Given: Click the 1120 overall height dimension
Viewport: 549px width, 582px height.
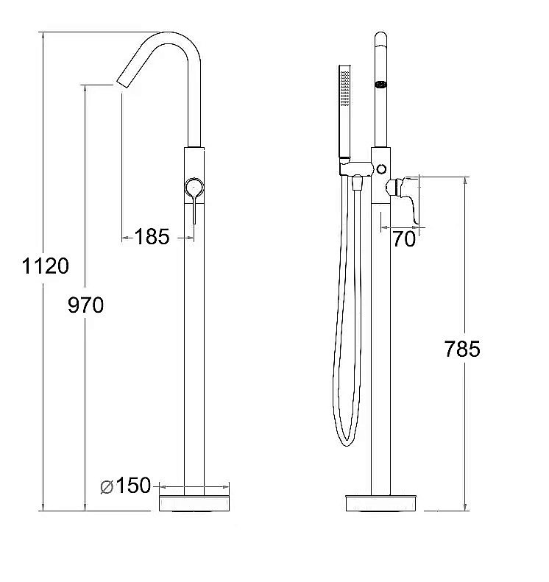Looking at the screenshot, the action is click(x=46, y=266).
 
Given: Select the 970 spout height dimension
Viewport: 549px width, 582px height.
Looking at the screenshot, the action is click(x=86, y=305).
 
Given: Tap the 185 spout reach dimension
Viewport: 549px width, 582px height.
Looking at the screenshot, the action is click(x=152, y=236).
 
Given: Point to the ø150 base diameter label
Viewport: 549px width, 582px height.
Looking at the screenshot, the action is click(x=126, y=486).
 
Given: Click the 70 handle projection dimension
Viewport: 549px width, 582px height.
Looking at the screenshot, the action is click(x=404, y=238).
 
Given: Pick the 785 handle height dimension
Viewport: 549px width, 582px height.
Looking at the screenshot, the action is click(x=462, y=349).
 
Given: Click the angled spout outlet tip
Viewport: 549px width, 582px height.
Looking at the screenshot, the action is click(x=123, y=83).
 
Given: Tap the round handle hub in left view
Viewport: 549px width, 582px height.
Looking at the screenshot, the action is click(x=194, y=188).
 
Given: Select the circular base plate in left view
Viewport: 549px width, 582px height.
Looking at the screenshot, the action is click(x=194, y=503).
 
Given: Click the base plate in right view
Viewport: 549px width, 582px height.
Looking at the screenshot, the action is click(x=380, y=503).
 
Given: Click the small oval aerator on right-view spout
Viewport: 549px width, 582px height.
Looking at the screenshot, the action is click(x=381, y=85).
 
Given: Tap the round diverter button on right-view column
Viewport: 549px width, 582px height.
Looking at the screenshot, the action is click(x=381, y=169).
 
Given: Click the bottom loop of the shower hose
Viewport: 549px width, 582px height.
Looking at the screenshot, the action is click(x=347, y=440).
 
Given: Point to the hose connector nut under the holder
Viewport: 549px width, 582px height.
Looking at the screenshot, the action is click(x=357, y=182).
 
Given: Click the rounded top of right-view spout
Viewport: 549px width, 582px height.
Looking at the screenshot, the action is click(x=381, y=37).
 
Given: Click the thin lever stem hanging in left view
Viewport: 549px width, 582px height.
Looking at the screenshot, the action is click(x=194, y=210).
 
